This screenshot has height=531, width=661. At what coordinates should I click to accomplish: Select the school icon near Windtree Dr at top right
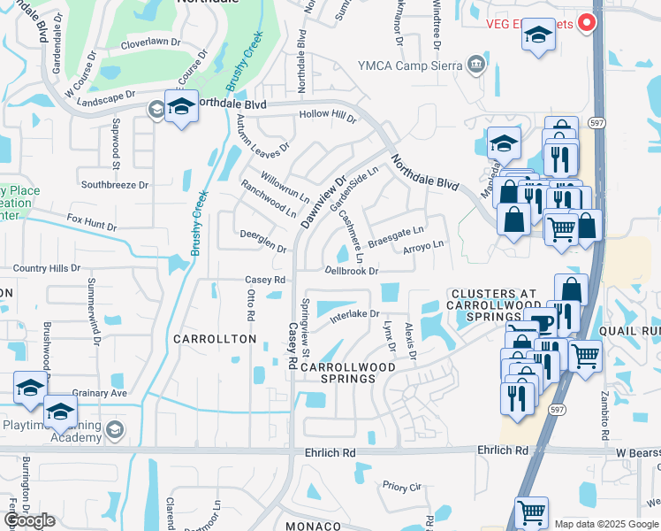pos(537,37)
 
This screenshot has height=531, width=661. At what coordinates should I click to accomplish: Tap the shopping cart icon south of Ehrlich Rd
pos(530,512)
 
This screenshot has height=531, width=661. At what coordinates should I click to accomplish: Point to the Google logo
pos(29,520)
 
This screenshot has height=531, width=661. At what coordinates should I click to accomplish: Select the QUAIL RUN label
pos(628,330)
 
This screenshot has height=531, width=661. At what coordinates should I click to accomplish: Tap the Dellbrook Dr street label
pos(351,271)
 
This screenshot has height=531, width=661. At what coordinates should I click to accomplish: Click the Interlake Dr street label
pos(353,314)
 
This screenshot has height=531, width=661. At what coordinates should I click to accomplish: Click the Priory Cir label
pos(399,486)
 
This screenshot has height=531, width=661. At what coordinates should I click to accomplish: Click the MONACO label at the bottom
pos(312,526)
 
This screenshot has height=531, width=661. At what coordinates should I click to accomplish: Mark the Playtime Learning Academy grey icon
pos(113,430)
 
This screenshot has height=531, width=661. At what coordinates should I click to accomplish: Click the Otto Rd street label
pos(251,304)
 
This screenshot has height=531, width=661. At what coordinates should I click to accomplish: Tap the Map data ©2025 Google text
pos(605,524)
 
